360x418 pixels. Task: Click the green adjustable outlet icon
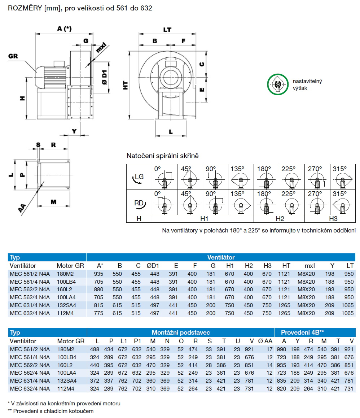(278, 85)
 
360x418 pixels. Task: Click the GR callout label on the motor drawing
(13, 56)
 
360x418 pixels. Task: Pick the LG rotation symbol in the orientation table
(139, 177)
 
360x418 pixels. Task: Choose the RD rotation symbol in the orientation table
(139, 203)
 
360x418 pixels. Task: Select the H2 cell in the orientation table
(280, 219)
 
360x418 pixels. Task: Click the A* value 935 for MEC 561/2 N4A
(98, 274)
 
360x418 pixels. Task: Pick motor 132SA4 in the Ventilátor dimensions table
(67, 305)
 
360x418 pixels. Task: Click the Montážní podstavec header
(181, 332)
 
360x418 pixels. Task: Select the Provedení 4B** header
(302, 332)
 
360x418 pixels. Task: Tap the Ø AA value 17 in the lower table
(269, 349)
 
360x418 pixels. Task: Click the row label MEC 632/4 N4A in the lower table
(30, 388)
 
